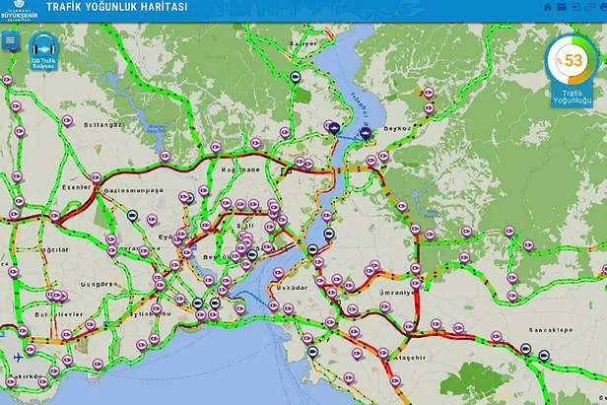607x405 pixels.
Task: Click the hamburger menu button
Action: (x=11, y=41)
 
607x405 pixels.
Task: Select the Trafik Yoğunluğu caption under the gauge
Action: (x=571, y=96)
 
